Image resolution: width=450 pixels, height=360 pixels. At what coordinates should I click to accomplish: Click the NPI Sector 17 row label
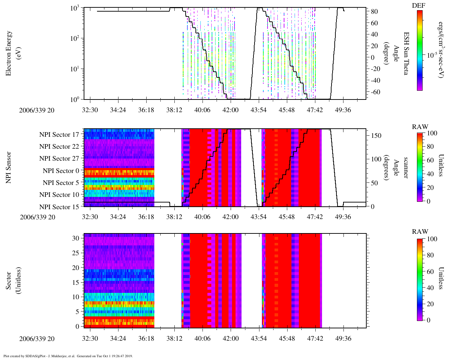pyautogui.click(x=59, y=134)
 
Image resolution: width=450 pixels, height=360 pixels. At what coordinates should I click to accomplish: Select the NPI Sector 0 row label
pyautogui.click(x=61, y=171)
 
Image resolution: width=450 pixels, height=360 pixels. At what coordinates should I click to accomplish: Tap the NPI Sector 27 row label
pyautogui.click(x=59, y=159)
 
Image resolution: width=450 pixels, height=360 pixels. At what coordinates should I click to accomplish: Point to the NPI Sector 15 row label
pyautogui.click(x=59, y=207)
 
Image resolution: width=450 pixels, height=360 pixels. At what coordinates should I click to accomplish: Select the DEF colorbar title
pyautogui.click(x=419, y=5)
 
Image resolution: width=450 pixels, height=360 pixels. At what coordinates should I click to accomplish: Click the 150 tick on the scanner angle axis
pyautogui.click(x=376, y=135)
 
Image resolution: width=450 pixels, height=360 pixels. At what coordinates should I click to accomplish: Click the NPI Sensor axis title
pyautogui.click(x=8, y=167)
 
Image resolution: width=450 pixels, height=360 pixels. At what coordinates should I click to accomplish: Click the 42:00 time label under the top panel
pyautogui.click(x=230, y=110)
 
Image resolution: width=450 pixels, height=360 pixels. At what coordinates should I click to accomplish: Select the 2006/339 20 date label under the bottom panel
pyautogui.click(x=37, y=339)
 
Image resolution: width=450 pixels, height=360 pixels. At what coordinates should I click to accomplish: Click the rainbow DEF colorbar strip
pyautogui.click(x=419, y=50)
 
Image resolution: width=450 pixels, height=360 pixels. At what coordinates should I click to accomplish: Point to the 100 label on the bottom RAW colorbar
pyautogui.click(x=432, y=239)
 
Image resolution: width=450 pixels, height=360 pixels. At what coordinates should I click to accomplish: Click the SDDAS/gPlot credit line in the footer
pyautogui.click(x=68, y=356)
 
